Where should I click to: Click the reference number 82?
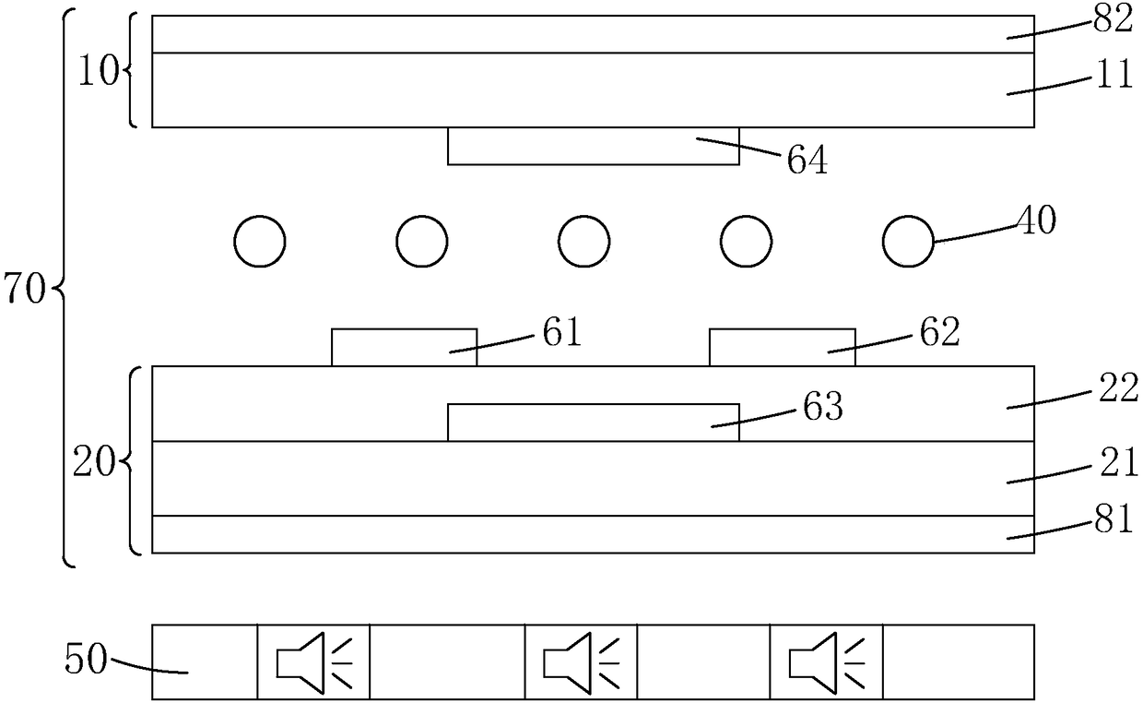point(1114,20)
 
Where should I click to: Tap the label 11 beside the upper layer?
point(1114,76)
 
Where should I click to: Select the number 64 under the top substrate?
point(807,161)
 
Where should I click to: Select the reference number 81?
point(1114,522)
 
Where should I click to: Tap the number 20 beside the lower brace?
point(92,461)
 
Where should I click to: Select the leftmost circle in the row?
point(261,242)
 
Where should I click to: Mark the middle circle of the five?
point(583,242)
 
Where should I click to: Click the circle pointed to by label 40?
point(909,242)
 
